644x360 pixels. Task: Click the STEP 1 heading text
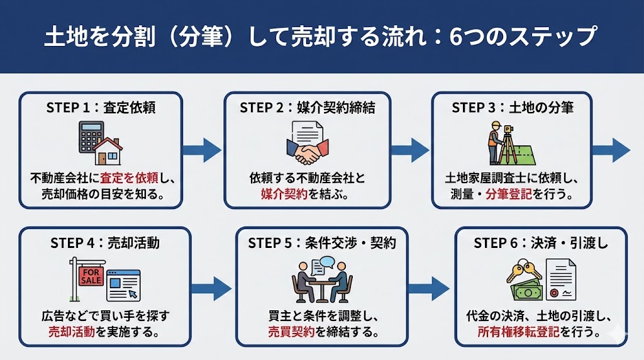(101, 108)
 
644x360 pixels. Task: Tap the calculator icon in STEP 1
(91, 137)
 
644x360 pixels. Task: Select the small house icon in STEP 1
(108, 152)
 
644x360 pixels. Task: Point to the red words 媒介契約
(285, 194)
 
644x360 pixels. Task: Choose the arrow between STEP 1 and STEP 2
(202, 150)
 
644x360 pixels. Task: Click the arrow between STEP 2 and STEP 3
(410, 150)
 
